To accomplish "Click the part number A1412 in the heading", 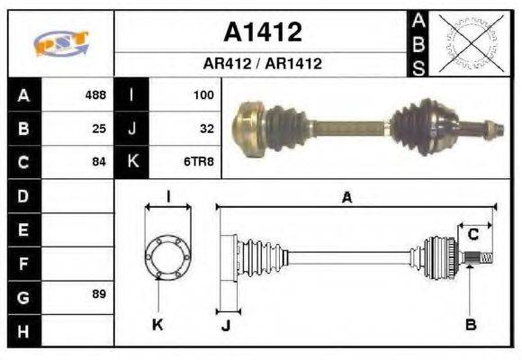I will click(x=263, y=33).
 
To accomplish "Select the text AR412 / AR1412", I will click(x=263, y=64).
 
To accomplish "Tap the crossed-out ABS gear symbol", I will click(x=465, y=42).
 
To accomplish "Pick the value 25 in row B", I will click(x=99, y=129).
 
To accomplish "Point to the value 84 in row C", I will click(x=99, y=163).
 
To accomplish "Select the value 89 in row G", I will click(x=99, y=294).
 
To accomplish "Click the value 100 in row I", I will click(x=203, y=94).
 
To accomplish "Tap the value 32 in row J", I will click(x=206, y=129).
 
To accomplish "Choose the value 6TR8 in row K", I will click(x=200, y=163).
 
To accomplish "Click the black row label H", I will click(x=22, y=330).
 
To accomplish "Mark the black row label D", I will click(x=22, y=195).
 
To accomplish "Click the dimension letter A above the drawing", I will click(x=346, y=198).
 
